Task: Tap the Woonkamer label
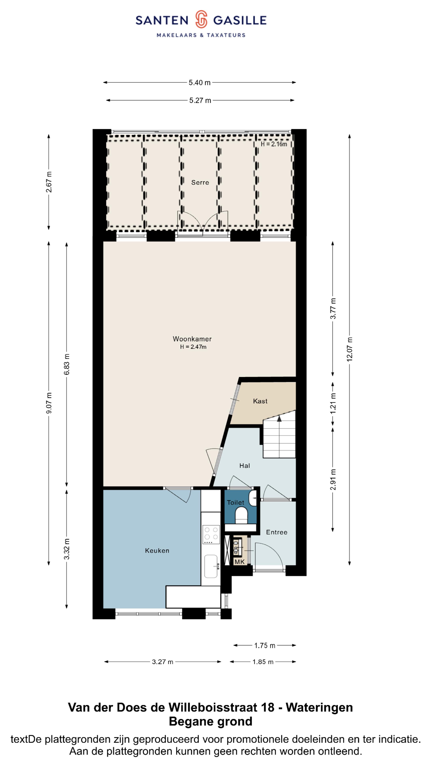point(192,339)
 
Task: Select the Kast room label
point(260,401)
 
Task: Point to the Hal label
point(244,466)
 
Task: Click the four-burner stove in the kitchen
point(211,535)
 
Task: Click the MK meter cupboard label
point(239,561)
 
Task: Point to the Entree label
point(277,532)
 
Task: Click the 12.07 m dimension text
point(350,349)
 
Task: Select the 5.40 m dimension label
point(200,82)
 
